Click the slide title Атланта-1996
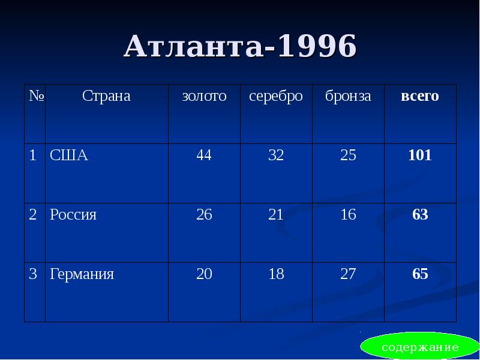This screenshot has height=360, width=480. (240, 47)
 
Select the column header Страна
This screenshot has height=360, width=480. (106, 96)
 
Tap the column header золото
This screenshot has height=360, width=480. (204, 96)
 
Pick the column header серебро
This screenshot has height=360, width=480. (276, 96)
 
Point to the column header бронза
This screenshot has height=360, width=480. (348, 96)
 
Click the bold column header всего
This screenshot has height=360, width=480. (420, 96)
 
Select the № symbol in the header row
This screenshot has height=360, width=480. (34, 96)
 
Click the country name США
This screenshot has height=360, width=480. (69, 156)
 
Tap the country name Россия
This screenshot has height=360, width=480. (73, 215)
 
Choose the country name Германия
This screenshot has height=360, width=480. (82, 275)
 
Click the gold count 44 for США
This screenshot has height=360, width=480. (204, 156)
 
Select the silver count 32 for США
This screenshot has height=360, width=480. (276, 156)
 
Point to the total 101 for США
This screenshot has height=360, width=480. (420, 156)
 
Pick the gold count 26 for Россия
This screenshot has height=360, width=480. (204, 215)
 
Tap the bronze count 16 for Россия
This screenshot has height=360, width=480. (348, 215)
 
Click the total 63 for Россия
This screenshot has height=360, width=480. (420, 215)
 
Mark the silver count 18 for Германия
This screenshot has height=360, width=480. (276, 275)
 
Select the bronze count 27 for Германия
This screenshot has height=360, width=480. (348, 275)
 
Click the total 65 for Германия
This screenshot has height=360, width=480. (420, 275)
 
